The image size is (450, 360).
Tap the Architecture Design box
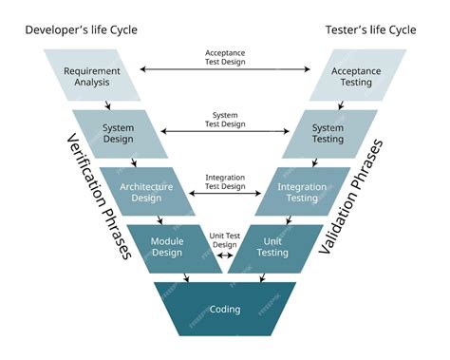[146, 192]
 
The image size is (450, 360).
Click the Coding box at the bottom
[225, 309]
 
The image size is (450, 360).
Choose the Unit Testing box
[272, 247]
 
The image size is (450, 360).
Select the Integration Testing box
[302, 192]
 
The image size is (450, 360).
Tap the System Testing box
[328, 134]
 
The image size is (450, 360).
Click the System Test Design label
[225, 120]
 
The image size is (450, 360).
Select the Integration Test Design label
[225, 181]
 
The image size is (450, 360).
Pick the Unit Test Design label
[225, 239]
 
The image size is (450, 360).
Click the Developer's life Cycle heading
[81, 29]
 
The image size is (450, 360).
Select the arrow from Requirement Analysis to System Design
[109, 105]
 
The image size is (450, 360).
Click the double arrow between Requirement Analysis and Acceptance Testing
[225, 69]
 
